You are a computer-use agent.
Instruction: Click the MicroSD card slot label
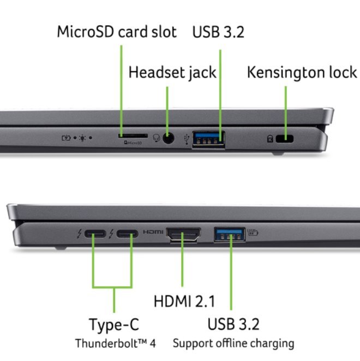pos(117,32)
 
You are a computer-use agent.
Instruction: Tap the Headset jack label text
pos(172,72)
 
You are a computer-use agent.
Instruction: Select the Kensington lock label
pos(302,72)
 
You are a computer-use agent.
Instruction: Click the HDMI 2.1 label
pos(184,300)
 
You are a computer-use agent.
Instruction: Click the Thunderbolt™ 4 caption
pos(115,344)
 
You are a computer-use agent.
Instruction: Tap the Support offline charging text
pos(233,344)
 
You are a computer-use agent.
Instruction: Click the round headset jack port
pos(168,138)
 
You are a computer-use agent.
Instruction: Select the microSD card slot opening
pos(133,134)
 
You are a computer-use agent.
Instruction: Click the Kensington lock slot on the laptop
pos(284,139)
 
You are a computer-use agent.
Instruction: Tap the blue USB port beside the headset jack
pos(209,138)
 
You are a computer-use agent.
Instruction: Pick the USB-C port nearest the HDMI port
pos(127,235)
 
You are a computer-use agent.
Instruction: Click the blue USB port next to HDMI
pos(230,235)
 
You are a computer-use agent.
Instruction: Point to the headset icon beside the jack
pos(155,139)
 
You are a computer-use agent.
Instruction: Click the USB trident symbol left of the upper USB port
pos(188,139)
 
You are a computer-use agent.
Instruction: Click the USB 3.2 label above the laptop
pos(218,32)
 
